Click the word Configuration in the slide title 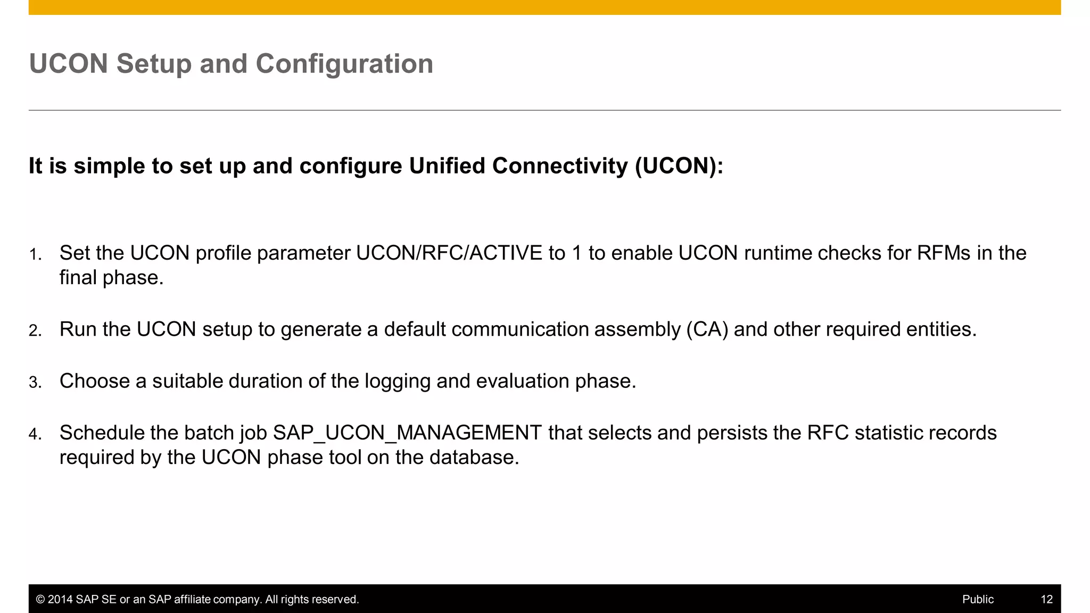pos(344,64)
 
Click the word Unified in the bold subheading pos(447,165)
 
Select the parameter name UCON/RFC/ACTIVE pos(449,253)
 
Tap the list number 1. pos(35,255)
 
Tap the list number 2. pos(35,331)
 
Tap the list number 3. pos(35,383)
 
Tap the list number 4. pos(35,434)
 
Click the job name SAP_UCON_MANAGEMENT pos(407,433)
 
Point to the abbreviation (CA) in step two pos(707,329)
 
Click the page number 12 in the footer pos(1046,599)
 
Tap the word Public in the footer pos(978,599)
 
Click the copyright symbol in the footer pos(40,600)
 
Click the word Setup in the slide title pos(154,64)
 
